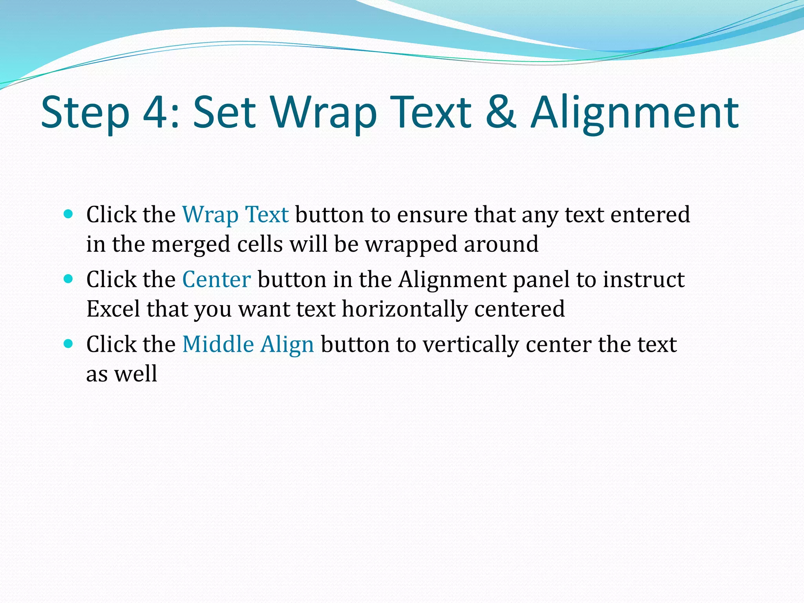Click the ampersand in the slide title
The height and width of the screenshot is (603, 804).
click(x=501, y=113)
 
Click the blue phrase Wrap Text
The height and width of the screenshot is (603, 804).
click(x=236, y=215)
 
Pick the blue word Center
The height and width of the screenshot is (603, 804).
click(x=216, y=280)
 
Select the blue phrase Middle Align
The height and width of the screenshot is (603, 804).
click(x=248, y=345)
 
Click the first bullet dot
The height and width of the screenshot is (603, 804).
click(x=68, y=214)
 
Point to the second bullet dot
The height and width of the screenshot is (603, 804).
click(x=68, y=279)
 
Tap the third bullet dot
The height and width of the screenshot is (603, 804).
click(x=68, y=344)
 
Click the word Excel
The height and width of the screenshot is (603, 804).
click(x=113, y=309)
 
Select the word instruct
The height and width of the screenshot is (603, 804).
click(x=644, y=280)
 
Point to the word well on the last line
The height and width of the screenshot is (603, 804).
click(x=135, y=374)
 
